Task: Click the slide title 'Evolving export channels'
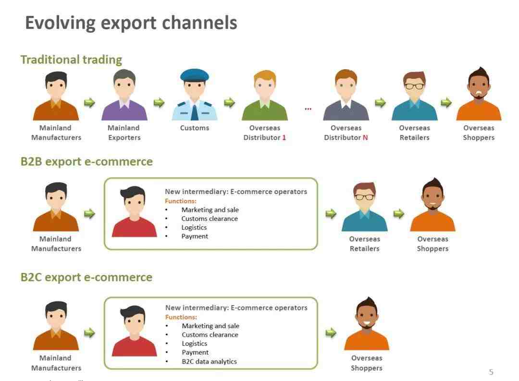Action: (x=131, y=23)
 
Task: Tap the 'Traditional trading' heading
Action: (x=71, y=60)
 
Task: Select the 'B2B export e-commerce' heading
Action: (x=86, y=161)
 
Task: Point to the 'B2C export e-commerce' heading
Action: (x=86, y=277)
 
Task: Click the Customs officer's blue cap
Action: (x=195, y=75)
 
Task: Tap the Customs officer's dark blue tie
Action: (x=195, y=111)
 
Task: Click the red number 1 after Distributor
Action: (x=284, y=138)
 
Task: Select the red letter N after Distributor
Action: (x=365, y=138)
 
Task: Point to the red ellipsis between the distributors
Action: (x=308, y=109)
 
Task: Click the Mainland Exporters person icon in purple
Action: (x=124, y=95)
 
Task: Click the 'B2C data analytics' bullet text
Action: (x=209, y=361)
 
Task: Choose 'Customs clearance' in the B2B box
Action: (x=210, y=219)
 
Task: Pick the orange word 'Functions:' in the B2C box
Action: (x=181, y=317)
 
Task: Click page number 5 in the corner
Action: (x=491, y=372)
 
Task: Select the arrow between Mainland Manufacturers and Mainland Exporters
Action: (x=89, y=103)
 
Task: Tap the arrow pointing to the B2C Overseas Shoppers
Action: (x=331, y=332)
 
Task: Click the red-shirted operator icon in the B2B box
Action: (x=134, y=211)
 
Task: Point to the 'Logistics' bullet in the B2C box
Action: (x=194, y=344)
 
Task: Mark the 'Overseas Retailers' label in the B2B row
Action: (x=364, y=244)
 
